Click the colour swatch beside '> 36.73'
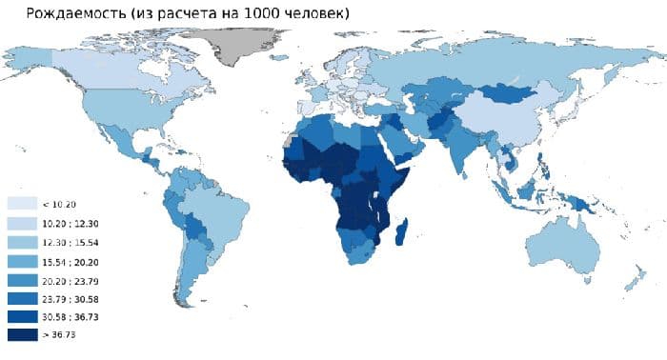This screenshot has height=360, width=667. pyautogui.click(x=22, y=334)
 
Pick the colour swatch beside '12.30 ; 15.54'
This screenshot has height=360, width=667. pyautogui.click(x=22, y=241)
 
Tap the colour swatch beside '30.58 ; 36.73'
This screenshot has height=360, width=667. pyautogui.click(x=22, y=316)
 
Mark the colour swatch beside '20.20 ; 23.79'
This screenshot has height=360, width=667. pyautogui.click(x=22, y=278)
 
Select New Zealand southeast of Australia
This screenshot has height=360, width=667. pyautogui.click(x=633, y=277)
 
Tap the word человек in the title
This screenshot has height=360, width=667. pyautogui.click(x=313, y=13)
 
